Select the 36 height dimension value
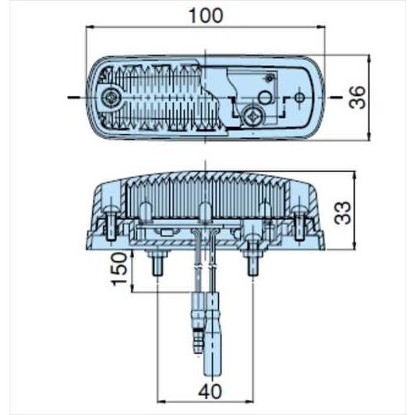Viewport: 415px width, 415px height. (358, 98)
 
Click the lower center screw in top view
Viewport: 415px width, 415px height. (254, 114)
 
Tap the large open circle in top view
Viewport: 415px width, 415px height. (265, 98)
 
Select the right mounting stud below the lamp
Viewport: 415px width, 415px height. (254, 261)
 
